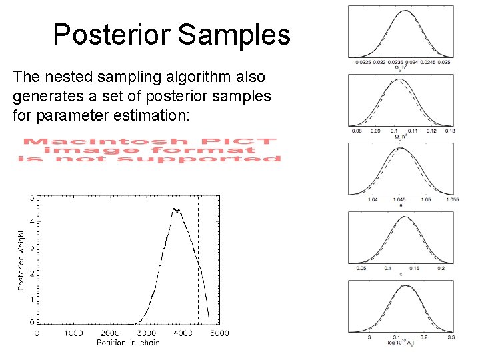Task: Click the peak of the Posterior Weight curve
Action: [x=175, y=209]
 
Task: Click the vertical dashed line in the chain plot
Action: [x=198, y=267]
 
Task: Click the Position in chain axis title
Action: [x=129, y=343]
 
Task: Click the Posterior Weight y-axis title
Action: [x=21, y=260]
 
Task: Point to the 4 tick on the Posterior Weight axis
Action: [x=32, y=221]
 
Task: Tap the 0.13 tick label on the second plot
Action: [x=450, y=131]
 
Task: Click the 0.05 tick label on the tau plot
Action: [x=361, y=268]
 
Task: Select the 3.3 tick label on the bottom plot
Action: [x=451, y=337]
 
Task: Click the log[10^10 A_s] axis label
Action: [x=401, y=343]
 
